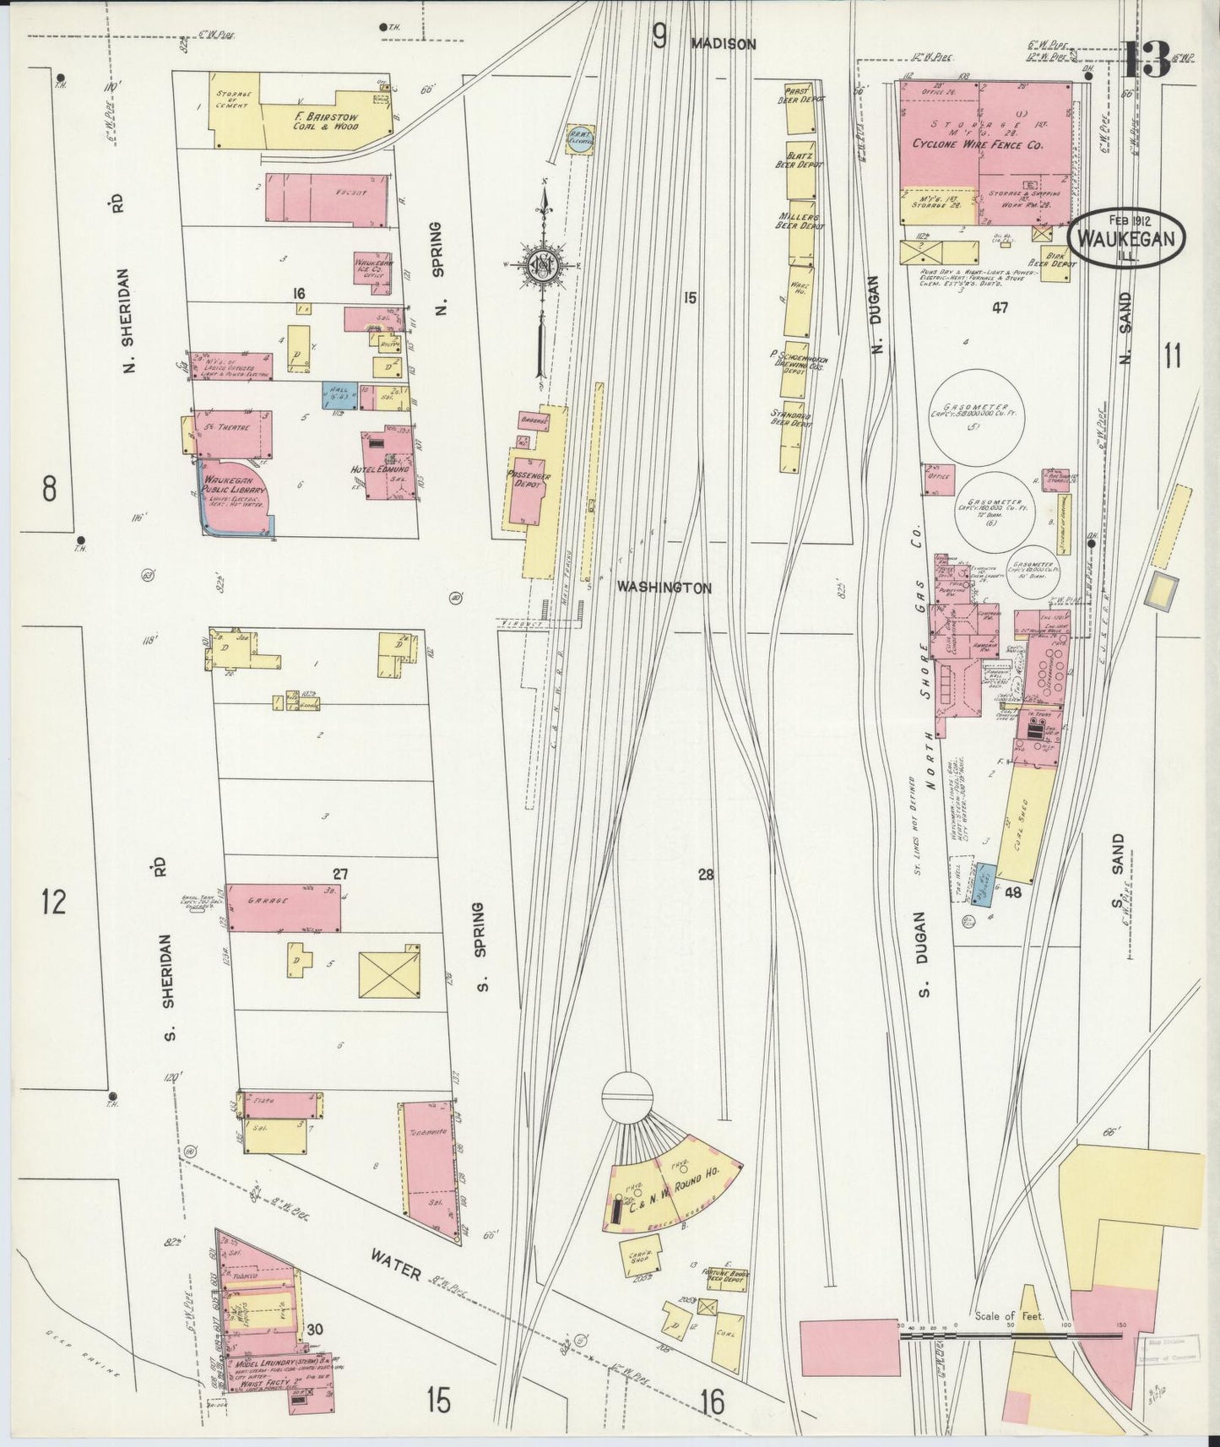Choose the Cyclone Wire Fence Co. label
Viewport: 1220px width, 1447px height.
coord(978,144)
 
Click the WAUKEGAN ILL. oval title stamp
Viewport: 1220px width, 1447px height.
coord(1126,238)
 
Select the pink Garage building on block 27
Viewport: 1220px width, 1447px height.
coord(284,908)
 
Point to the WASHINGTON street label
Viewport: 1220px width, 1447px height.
coord(663,587)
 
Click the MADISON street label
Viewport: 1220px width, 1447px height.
coord(723,44)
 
